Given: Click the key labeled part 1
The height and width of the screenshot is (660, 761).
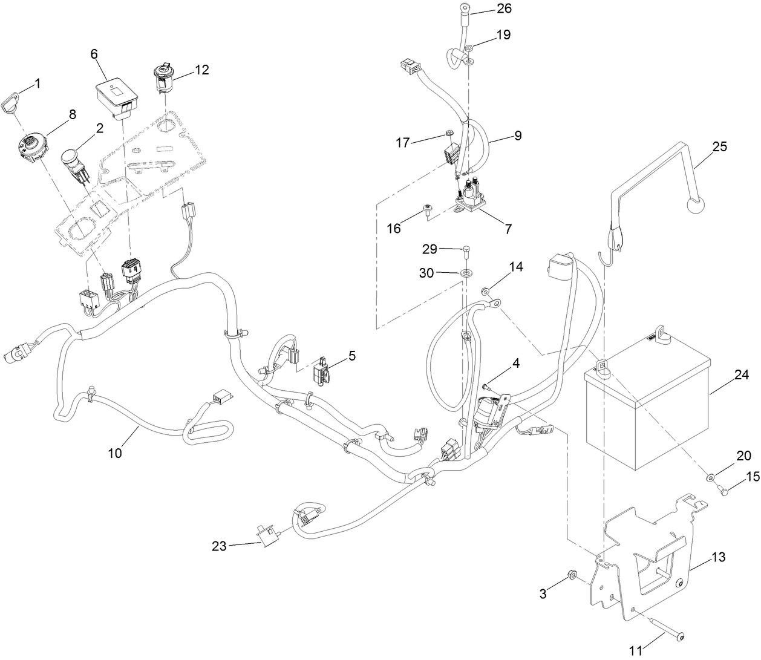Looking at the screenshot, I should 13,97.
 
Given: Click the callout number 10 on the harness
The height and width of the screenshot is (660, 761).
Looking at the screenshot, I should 115,453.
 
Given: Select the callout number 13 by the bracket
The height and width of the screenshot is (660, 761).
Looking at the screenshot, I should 719,557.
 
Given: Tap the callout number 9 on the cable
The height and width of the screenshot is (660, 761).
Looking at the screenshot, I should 517,136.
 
